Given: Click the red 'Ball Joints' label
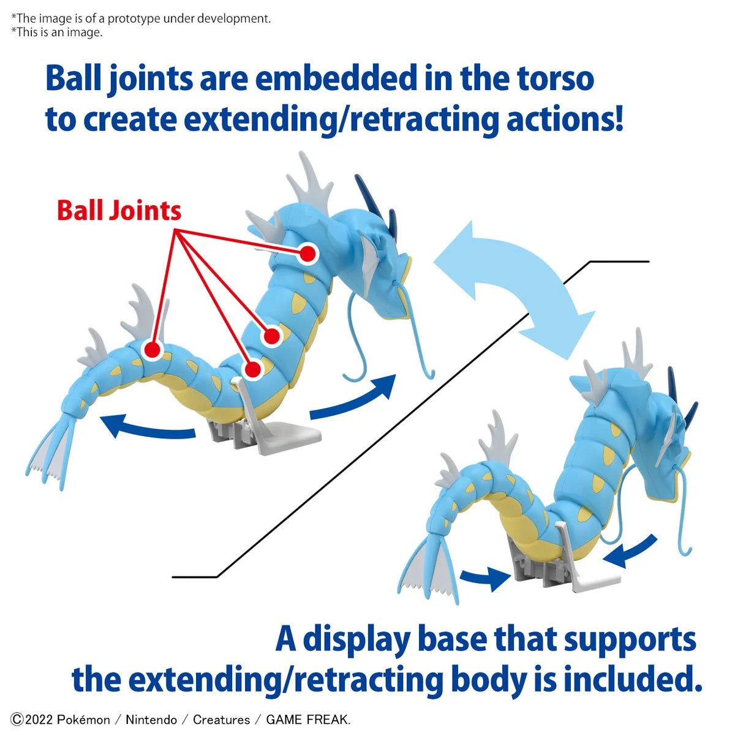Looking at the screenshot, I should (x=119, y=211).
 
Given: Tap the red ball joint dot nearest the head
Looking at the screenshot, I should (x=308, y=253).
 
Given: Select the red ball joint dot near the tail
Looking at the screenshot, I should (x=151, y=350).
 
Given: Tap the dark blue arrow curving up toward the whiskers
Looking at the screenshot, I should (x=355, y=397).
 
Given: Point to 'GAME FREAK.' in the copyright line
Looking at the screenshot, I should (x=308, y=720).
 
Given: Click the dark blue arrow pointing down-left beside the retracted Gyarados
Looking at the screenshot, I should (x=631, y=551).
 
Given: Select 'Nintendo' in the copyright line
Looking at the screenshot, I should (x=151, y=720).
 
